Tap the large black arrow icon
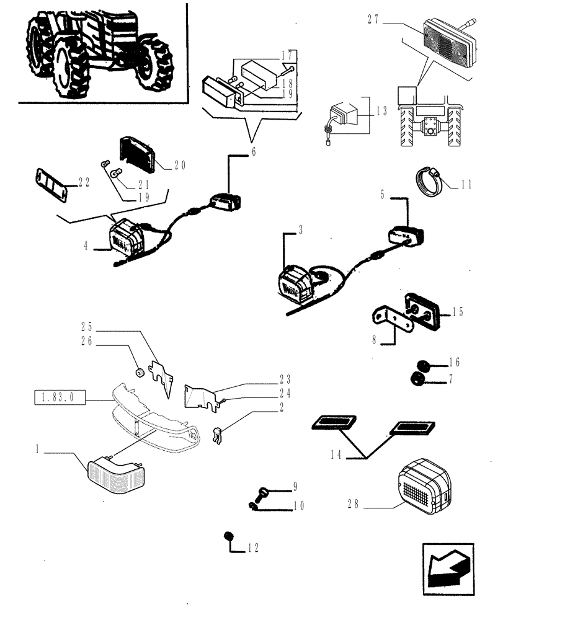pyautogui.click(x=448, y=569)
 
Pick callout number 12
pyautogui.click(x=251, y=548)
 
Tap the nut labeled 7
pyautogui.click(x=417, y=378)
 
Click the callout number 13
pyautogui.click(x=381, y=112)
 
